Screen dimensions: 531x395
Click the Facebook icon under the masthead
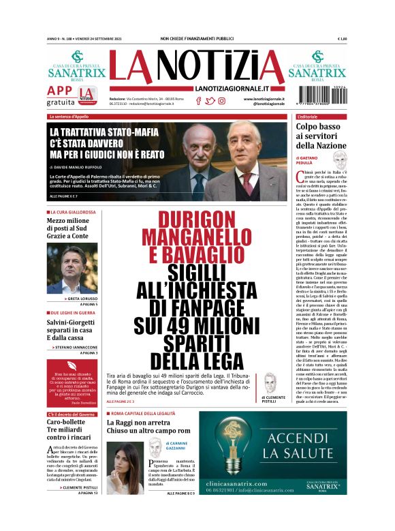(x=198, y=101)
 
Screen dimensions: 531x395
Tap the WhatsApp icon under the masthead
(x=222, y=101)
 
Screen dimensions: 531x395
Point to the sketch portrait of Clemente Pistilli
(x=270, y=384)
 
